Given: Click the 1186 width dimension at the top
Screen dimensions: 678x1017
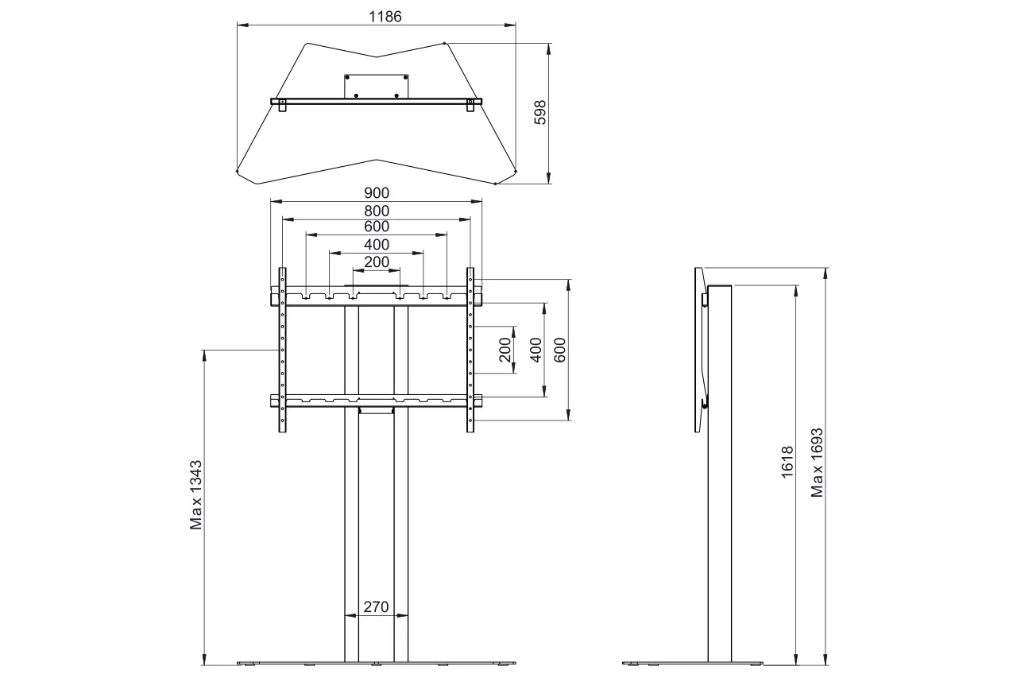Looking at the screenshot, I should (377, 16).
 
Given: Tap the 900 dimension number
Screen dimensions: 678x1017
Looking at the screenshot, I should (377, 192).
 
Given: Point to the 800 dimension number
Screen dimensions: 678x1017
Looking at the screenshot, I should (377, 211).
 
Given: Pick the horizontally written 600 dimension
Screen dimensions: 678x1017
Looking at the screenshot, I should (377, 227).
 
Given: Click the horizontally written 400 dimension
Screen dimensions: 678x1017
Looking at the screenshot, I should (377, 245).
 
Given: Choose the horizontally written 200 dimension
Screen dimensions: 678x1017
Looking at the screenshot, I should (377, 262).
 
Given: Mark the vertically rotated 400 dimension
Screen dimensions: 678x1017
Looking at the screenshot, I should (536, 350).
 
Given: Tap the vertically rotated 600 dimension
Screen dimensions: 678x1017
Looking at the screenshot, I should (559, 350).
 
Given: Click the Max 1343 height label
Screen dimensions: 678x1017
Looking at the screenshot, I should (196, 494).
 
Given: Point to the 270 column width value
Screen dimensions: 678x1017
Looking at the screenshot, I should (376, 607).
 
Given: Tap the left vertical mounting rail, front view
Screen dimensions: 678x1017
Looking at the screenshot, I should (282, 350).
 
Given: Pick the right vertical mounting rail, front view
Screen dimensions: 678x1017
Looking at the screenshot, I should (470, 350).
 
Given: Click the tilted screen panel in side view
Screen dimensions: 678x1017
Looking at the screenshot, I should (700, 350).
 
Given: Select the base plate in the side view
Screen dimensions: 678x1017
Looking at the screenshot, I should (691, 662).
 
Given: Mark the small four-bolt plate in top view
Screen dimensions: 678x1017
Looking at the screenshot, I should (376, 87).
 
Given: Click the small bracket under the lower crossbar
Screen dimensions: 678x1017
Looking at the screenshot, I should (376, 410).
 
